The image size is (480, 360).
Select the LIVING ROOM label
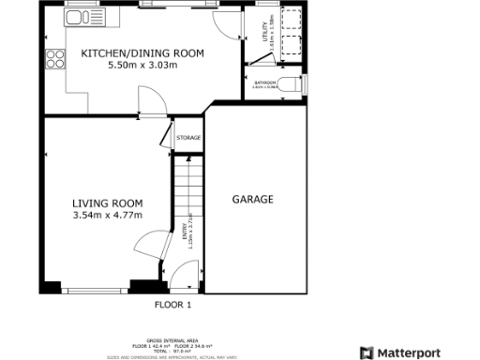coord(108,203)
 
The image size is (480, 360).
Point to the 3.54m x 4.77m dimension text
coord(108,216)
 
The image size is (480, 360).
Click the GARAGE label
coord(253,200)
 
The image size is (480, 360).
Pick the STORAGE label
coord(189,139)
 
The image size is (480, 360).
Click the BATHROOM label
coord(265,83)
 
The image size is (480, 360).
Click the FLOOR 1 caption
coord(172,305)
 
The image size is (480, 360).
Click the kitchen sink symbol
coord(79,18)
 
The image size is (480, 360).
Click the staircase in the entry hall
coord(187,187)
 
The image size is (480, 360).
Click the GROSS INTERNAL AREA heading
coord(172,340)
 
